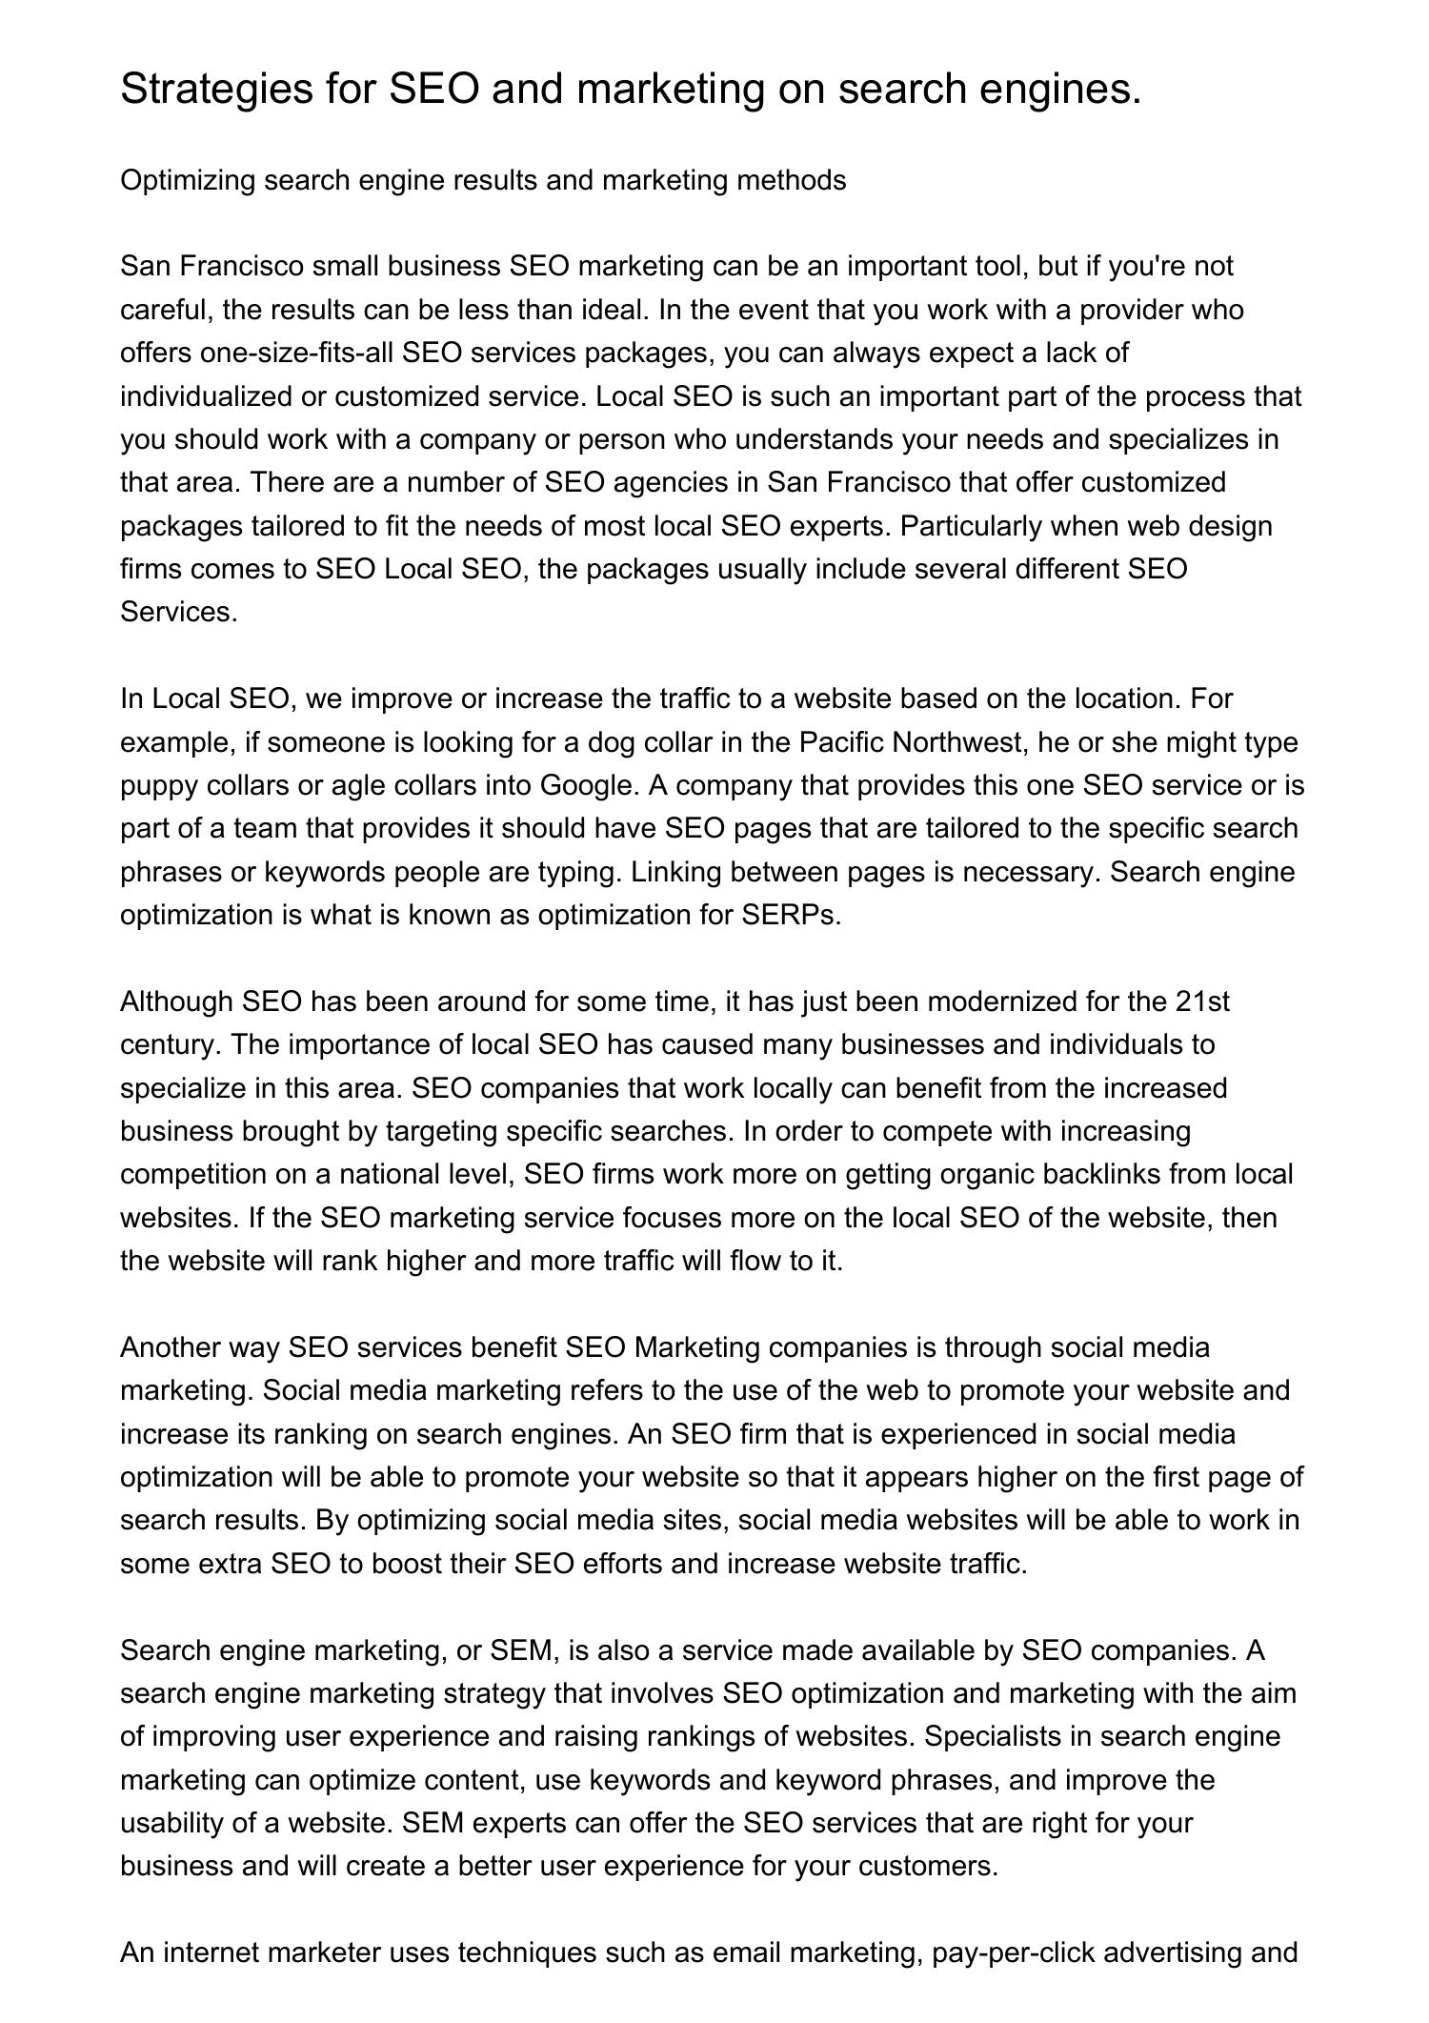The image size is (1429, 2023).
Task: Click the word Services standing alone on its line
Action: (x=178, y=612)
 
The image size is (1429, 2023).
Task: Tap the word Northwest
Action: (x=959, y=741)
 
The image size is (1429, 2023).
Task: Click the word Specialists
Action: (x=991, y=1736)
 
